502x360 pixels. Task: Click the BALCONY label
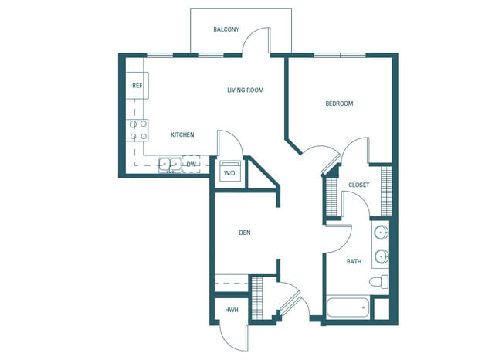tap(226, 29)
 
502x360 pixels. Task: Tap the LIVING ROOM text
tap(245, 90)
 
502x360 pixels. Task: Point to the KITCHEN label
tap(182, 135)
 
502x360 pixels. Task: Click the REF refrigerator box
tap(137, 86)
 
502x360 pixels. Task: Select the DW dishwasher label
tap(191, 164)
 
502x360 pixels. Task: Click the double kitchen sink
tap(168, 164)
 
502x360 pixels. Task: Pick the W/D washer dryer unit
tap(230, 173)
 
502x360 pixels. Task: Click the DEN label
tap(244, 232)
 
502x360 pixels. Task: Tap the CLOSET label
tap(358, 185)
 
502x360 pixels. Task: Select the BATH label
tap(354, 262)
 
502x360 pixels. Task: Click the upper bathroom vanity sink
tap(380, 233)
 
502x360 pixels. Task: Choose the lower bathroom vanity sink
tap(380, 256)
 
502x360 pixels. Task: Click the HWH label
tap(230, 310)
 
